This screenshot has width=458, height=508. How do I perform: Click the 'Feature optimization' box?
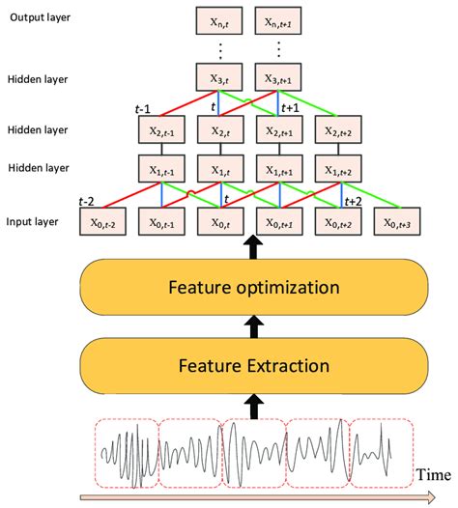click(254, 287)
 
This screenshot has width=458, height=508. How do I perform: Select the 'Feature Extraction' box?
click(254, 365)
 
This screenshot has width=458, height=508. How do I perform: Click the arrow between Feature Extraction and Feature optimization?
click(254, 326)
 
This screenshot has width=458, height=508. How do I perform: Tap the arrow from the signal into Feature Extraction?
click(254, 404)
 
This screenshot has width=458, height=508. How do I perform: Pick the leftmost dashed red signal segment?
click(128, 452)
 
